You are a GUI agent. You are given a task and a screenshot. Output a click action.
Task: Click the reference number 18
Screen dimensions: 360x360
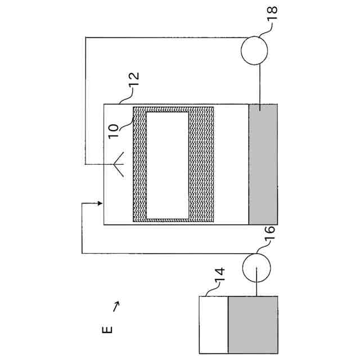point(273,14)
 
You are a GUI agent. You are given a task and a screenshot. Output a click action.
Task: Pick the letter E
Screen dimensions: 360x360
point(108,329)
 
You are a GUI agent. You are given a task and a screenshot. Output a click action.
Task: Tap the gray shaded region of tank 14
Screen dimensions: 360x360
point(253,323)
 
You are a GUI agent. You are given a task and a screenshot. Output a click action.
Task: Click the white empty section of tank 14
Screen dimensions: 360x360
point(214,323)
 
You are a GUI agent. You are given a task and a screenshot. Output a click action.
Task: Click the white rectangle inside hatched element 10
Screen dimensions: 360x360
point(167,165)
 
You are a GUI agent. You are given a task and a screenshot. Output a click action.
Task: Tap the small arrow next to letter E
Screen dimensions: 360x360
point(116,306)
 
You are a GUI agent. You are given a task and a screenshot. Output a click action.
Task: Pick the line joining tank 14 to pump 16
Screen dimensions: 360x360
point(256,286)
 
